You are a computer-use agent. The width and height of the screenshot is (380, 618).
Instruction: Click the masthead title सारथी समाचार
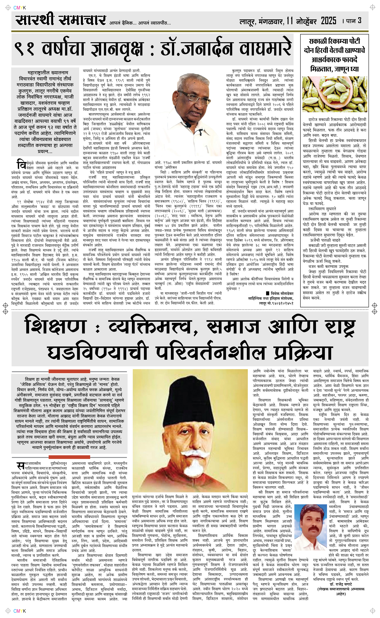[60, 20]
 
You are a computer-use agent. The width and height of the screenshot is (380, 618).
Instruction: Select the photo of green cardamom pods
[334, 94]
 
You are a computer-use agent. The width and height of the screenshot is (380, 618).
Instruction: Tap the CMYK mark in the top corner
[20, 8]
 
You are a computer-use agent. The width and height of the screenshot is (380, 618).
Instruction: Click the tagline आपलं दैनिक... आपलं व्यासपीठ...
[140, 23]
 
